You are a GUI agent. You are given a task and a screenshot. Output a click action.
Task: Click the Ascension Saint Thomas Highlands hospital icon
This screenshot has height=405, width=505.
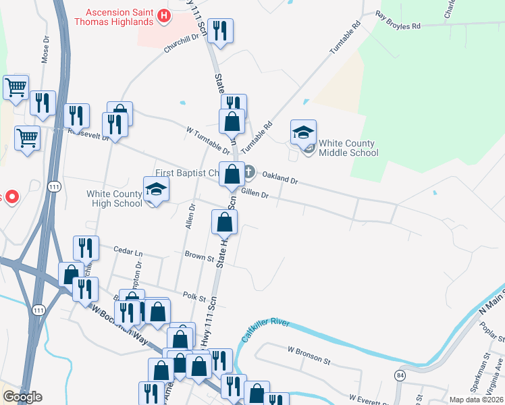(x=163, y=16)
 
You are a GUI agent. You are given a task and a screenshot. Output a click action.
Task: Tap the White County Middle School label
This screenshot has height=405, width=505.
(x=348, y=148)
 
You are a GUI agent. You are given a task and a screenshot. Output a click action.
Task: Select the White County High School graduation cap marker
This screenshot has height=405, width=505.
(x=155, y=190)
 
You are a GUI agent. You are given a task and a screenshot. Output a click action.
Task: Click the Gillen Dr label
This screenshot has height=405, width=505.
(x=255, y=195)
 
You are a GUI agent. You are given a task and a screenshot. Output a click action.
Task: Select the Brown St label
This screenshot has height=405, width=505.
(x=199, y=256)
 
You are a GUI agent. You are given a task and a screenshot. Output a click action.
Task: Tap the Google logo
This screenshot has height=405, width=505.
(x=22, y=397)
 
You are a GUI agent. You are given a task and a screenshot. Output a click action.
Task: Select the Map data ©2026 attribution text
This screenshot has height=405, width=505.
(x=475, y=400)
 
